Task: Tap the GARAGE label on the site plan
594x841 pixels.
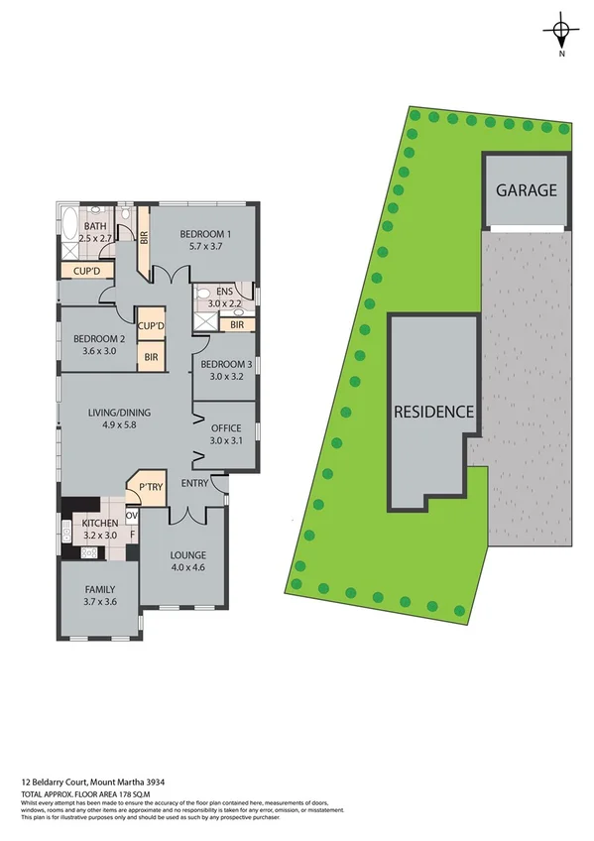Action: pyautogui.click(x=527, y=190)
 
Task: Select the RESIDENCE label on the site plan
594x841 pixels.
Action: pyautogui.click(x=433, y=412)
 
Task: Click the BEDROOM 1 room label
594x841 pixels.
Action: pyautogui.click(x=205, y=234)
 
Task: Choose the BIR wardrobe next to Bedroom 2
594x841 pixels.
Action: pyautogui.click(x=152, y=357)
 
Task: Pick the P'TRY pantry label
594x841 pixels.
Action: pyautogui.click(x=150, y=487)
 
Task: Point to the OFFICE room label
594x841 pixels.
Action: pyautogui.click(x=226, y=427)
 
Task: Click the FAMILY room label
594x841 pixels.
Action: pyautogui.click(x=100, y=589)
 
